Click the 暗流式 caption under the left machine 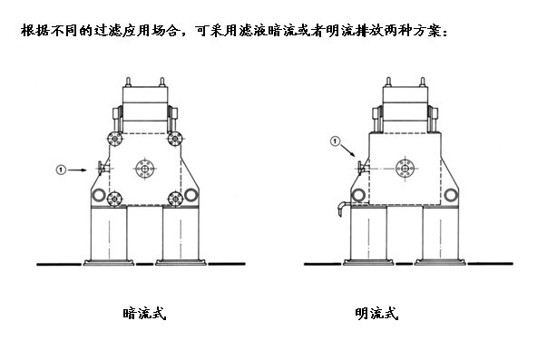coord(144,315)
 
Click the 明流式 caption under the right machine coord(376,315)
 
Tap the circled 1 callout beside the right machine coord(336,141)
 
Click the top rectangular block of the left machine coord(144,97)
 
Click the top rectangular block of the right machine coord(405,97)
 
